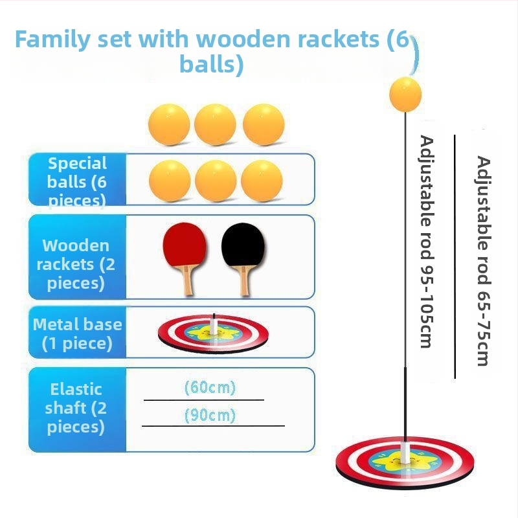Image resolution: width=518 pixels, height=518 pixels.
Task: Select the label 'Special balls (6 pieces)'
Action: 77,181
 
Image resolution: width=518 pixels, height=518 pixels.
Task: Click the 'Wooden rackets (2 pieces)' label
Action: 77,264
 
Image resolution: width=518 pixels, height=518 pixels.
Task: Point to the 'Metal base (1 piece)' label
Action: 77,333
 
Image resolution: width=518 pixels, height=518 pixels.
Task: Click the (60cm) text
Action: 210,388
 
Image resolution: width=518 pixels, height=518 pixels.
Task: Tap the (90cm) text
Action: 210,415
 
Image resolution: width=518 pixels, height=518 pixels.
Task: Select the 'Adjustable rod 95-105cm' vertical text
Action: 426,241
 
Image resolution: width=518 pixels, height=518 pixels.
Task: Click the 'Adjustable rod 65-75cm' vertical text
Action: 483,260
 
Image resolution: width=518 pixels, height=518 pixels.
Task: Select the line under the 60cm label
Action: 203,400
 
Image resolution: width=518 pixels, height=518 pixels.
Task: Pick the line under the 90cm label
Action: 213,425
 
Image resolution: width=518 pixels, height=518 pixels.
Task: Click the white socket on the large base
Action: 406,453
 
